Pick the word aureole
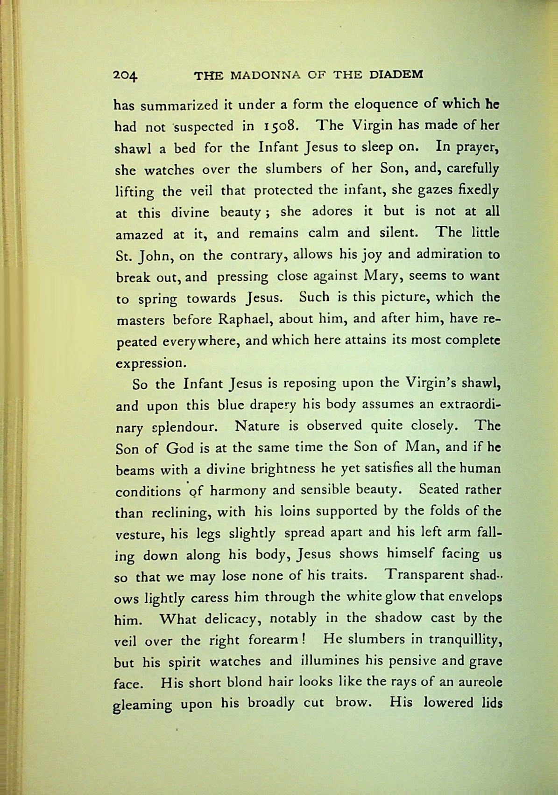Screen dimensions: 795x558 (x=479, y=682)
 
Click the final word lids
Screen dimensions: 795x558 (x=489, y=703)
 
